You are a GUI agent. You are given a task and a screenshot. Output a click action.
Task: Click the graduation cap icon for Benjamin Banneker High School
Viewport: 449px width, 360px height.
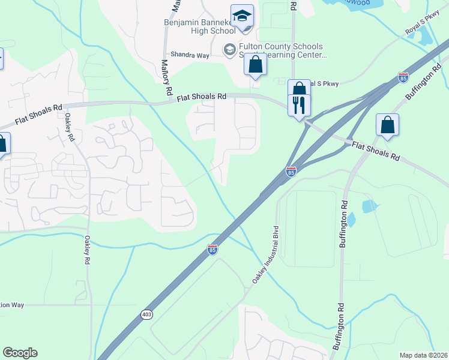(x=242, y=16)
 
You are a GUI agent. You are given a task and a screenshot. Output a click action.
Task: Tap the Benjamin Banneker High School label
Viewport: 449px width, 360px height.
(x=199, y=27)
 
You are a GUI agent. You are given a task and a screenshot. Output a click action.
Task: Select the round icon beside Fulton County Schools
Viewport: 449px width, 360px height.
(x=229, y=49)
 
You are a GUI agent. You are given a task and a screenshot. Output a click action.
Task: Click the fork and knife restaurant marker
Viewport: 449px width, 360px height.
(x=299, y=106)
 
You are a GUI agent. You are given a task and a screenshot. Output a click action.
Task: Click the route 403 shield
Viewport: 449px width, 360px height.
(x=147, y=314)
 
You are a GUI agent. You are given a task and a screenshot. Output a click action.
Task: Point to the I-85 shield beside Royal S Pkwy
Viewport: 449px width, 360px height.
(x=403, y=77)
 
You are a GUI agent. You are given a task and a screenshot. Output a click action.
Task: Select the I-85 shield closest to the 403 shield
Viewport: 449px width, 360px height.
(x=212, y=249)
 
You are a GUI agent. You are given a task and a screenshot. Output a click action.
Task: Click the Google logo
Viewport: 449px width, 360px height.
(x=20, y=353)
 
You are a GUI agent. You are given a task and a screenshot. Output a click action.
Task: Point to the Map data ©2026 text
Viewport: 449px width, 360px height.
(x=423, y=355)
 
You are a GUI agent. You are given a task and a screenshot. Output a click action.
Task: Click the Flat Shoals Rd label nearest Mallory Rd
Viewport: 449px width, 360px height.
(x=202, y=96)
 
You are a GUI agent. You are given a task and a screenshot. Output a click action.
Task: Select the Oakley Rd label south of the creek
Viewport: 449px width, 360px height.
(x=86, y=250)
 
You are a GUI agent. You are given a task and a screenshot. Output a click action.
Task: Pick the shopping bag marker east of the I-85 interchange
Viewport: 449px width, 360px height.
(x=388, y=125)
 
